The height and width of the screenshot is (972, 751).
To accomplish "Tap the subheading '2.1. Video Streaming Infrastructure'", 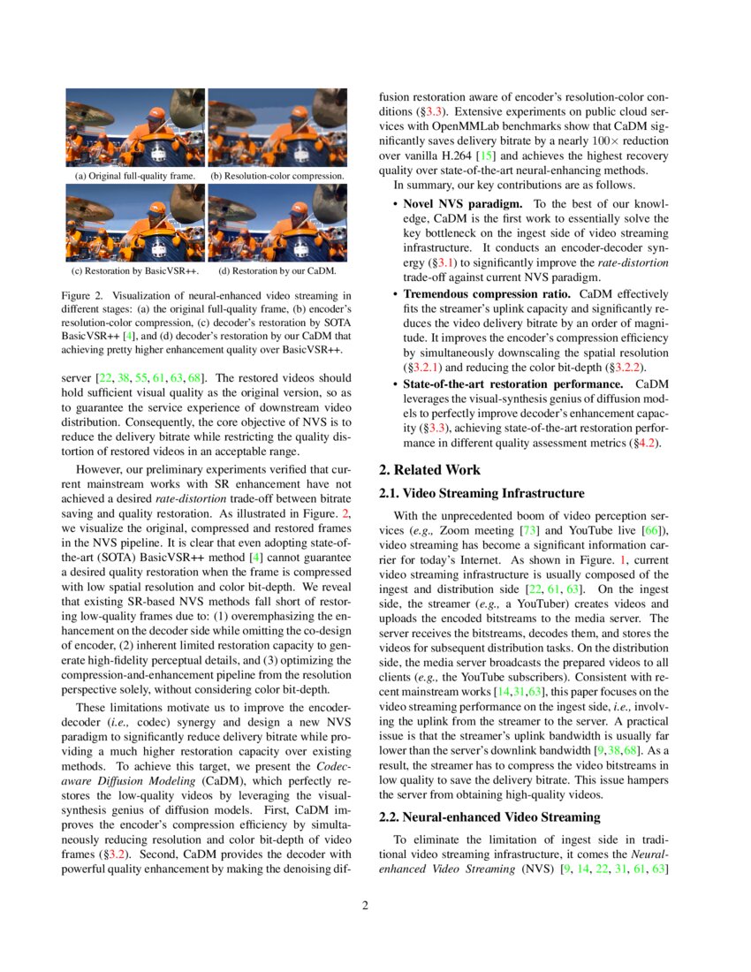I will point(481,493).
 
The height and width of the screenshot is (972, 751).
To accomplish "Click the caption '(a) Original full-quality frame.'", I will point(135,176).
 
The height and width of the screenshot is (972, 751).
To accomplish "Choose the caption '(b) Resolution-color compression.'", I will point(277,176).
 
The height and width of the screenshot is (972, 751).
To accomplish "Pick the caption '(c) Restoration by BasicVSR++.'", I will point(135,270).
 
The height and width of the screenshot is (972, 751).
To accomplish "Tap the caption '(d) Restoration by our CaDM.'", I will point(277,270).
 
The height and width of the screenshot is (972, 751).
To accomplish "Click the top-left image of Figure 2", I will point(135,127).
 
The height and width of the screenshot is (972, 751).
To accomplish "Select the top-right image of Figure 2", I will point(277,127).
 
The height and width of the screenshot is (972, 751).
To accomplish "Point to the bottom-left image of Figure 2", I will point(135,227).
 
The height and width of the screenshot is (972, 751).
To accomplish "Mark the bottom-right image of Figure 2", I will point(277,227).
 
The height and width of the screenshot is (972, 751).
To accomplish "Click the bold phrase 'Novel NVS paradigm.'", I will point(457,204).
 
